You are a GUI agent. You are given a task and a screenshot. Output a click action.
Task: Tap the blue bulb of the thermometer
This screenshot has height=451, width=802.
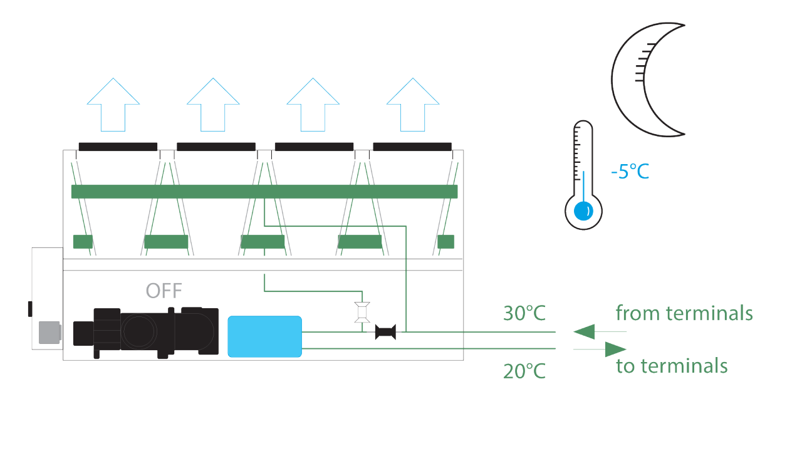coord(583,211)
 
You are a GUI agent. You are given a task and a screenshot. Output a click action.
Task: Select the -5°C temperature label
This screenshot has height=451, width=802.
coord(630,171)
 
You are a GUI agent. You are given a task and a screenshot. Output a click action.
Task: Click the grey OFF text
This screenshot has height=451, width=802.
coord(164,291)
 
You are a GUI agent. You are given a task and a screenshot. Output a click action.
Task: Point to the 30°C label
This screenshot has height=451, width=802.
coord(524,313)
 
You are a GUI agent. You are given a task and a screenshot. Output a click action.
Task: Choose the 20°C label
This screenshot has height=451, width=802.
coord(524,371)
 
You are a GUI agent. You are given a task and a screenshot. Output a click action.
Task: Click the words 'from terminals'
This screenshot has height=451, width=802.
coord(684,313)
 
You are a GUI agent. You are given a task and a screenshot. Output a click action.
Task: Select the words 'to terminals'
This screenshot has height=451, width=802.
coord(672,366)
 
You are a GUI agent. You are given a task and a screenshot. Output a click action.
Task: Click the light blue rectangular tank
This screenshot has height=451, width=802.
coord(264,337)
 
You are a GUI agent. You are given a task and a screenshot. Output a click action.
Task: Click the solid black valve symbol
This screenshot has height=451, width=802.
coord(385,332)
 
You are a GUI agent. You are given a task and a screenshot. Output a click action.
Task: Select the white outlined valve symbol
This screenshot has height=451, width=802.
coord(362,312)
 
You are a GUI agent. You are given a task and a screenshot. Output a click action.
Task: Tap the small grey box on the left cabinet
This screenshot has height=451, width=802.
coord(49,332)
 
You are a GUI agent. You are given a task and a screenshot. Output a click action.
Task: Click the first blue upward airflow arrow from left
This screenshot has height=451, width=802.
coord(113,104)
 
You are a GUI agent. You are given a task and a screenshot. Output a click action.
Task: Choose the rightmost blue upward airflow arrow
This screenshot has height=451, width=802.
coord(412,104)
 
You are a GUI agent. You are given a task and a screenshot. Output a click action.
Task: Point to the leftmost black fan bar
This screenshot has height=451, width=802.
coord(118,147)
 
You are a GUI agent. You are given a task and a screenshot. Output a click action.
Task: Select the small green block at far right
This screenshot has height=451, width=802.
coord(445,241)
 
